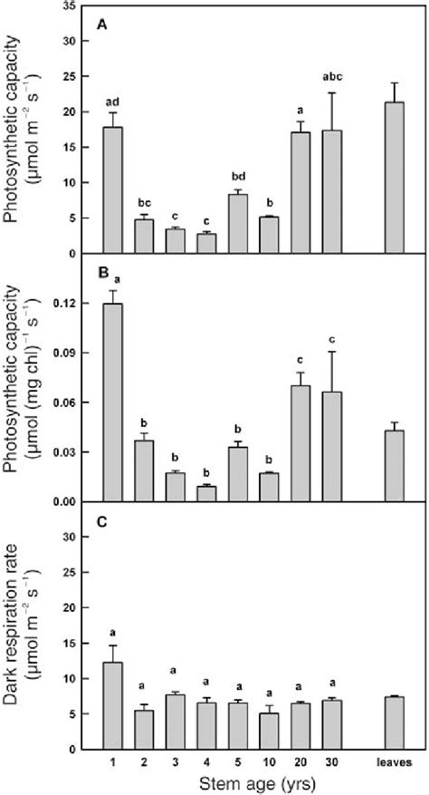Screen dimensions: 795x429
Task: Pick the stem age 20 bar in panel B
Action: (299, 443)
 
